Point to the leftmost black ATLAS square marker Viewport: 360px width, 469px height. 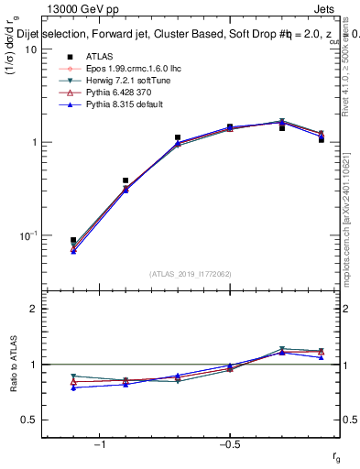tap(73, 240)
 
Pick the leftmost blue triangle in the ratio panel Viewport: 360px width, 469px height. tap(73, 387)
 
